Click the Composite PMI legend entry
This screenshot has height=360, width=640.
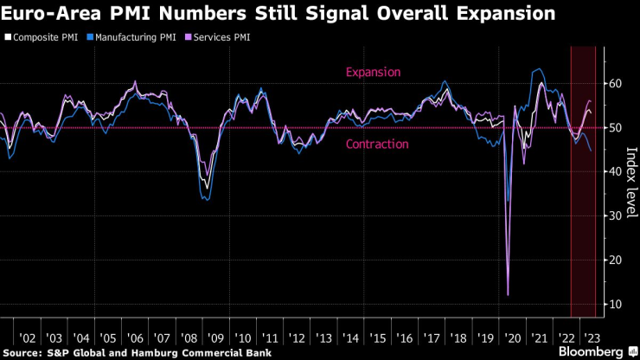(42, 37)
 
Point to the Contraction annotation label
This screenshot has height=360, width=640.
(377, 144)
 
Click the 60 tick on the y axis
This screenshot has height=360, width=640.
(615, 83)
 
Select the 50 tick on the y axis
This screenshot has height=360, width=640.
(615, 127)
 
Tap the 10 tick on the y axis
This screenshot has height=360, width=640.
(615, 304)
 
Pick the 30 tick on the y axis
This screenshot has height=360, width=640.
(615, 215)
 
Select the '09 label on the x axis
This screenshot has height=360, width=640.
(215, 337)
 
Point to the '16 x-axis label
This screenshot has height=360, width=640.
(404, 337)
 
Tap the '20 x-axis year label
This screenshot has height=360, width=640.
(511, 337)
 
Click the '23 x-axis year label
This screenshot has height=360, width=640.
(592, 337)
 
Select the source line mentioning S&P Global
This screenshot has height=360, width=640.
(138, 352)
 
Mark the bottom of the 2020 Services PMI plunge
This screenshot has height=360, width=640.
(508, 295)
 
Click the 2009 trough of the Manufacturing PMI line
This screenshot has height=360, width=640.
(206, 200)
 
